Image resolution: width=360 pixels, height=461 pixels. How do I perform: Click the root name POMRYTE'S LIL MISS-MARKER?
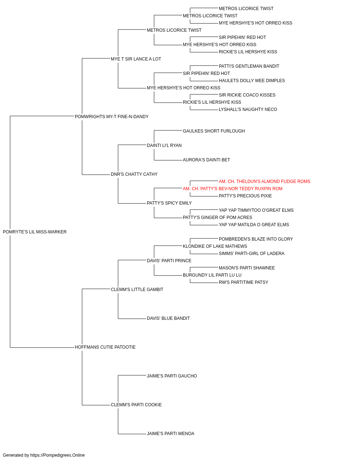point(35,232)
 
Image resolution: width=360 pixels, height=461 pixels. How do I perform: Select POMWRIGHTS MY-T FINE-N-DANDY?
point(112,117)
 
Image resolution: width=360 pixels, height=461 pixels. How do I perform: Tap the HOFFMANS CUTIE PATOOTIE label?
point(105,347)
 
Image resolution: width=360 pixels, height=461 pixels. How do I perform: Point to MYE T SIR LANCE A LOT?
point(136,59)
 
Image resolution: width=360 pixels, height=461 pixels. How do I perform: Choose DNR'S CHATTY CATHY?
point(134,174)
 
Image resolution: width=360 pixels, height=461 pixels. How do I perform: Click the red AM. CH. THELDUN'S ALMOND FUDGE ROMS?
point(264,182)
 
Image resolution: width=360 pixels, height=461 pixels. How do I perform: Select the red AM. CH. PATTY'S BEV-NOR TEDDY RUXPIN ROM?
point(233,189)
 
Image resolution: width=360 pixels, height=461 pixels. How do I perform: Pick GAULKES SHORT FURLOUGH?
point(214,131)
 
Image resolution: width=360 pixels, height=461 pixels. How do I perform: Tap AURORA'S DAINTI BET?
point(206,160)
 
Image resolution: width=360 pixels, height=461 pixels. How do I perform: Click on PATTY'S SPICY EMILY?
point(169,203)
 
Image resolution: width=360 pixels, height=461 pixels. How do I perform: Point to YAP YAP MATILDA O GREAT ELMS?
point(254,225)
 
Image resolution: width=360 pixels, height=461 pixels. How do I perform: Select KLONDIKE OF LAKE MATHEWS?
point(215,246)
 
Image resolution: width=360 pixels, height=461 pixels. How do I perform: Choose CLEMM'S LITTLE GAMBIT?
point(137,290)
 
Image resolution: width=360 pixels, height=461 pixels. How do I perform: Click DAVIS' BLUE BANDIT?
point(168,318)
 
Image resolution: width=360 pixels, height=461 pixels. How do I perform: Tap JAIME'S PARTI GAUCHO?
point(172,376)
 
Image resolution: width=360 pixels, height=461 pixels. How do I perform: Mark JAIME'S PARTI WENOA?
point(171,434)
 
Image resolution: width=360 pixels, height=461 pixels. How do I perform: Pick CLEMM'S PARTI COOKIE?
point(136,405)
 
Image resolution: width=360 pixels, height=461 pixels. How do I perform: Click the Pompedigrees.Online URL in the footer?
point(58,455)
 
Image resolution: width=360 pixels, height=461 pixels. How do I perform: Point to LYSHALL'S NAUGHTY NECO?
point(248,109)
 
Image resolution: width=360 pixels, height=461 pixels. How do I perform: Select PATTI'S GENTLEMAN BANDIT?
point(249,66)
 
